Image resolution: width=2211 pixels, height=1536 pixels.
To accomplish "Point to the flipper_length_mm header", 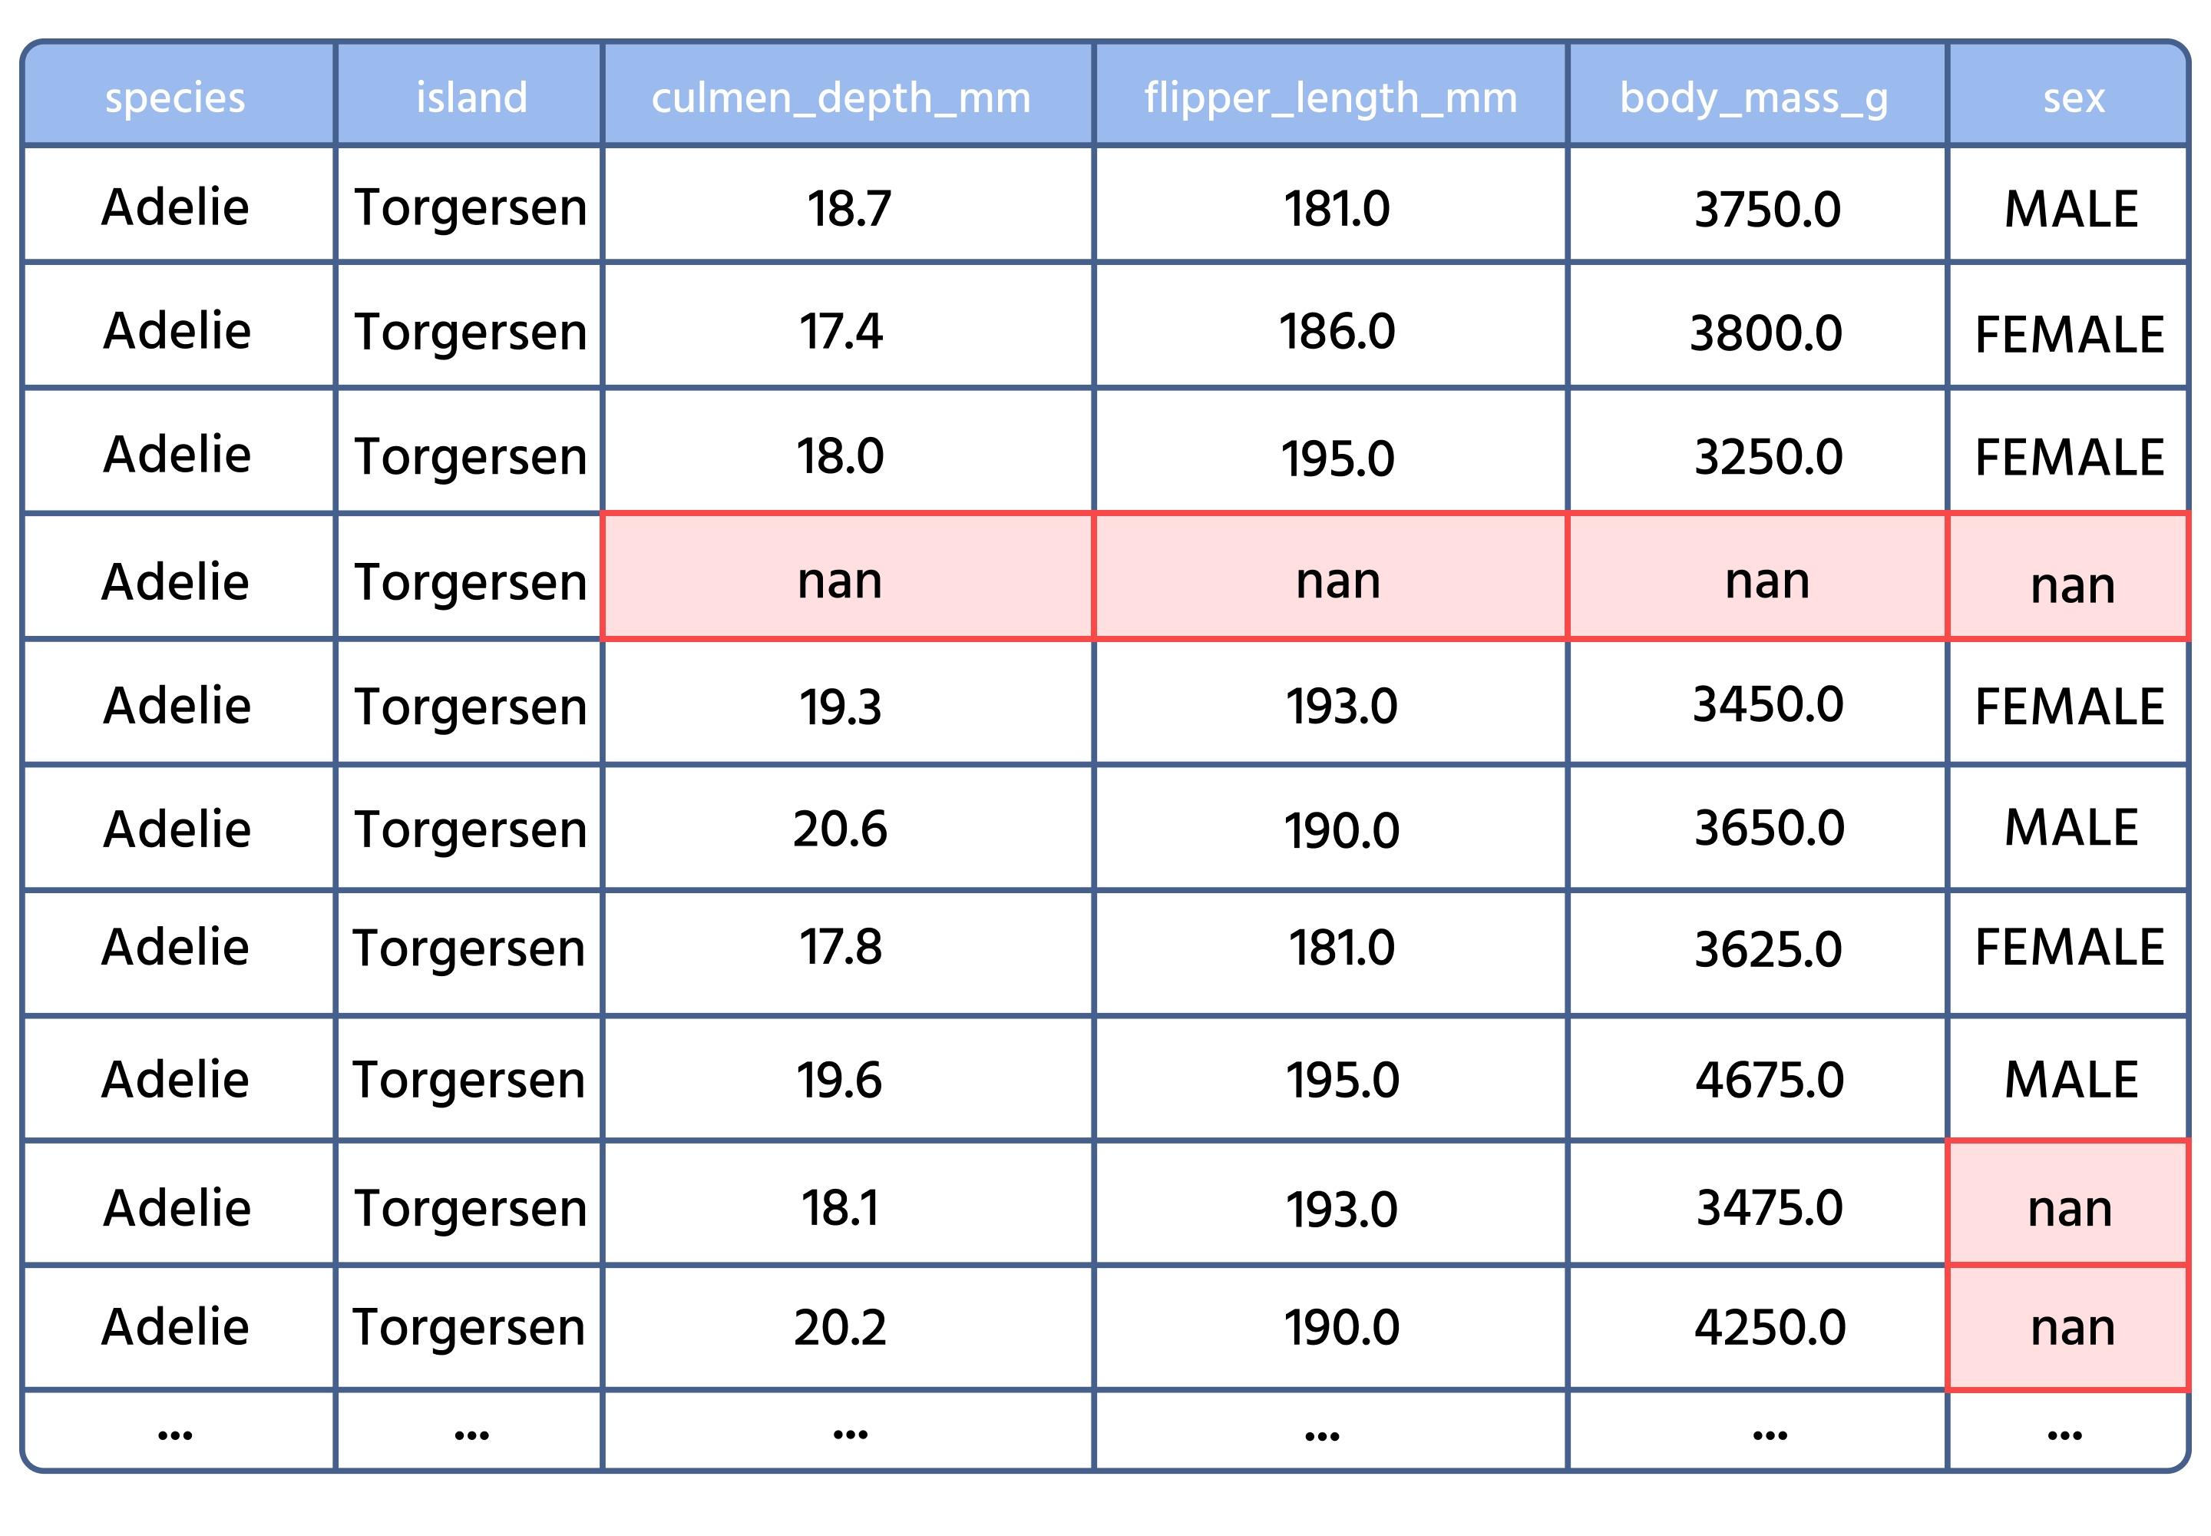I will pyautogui.click(x=1330, y=96).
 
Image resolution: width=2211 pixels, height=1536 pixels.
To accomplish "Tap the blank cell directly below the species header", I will pyautogui.click(x=178, y=202).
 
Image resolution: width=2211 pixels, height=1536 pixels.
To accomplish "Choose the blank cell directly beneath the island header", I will pyautogui.click(x=470, y=202).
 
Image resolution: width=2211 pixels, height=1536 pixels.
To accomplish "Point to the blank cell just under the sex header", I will pyautogui.click(x=2069, y=202).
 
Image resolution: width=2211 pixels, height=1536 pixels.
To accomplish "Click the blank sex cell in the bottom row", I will pyautogui.click(x=2069, y=1429).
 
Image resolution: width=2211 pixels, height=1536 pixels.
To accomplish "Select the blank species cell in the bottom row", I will pyautogui.click(x=178, y=1429).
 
